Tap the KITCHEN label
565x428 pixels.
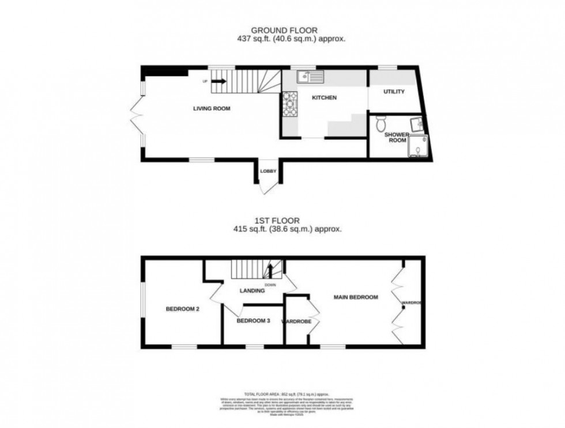324,98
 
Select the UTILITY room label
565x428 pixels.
394,92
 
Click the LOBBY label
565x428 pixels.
268,171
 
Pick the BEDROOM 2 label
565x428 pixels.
182,309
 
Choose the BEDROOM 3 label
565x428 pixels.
253,320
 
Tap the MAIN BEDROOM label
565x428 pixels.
356,297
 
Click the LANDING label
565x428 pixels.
253,291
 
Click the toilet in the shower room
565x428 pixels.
380,122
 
